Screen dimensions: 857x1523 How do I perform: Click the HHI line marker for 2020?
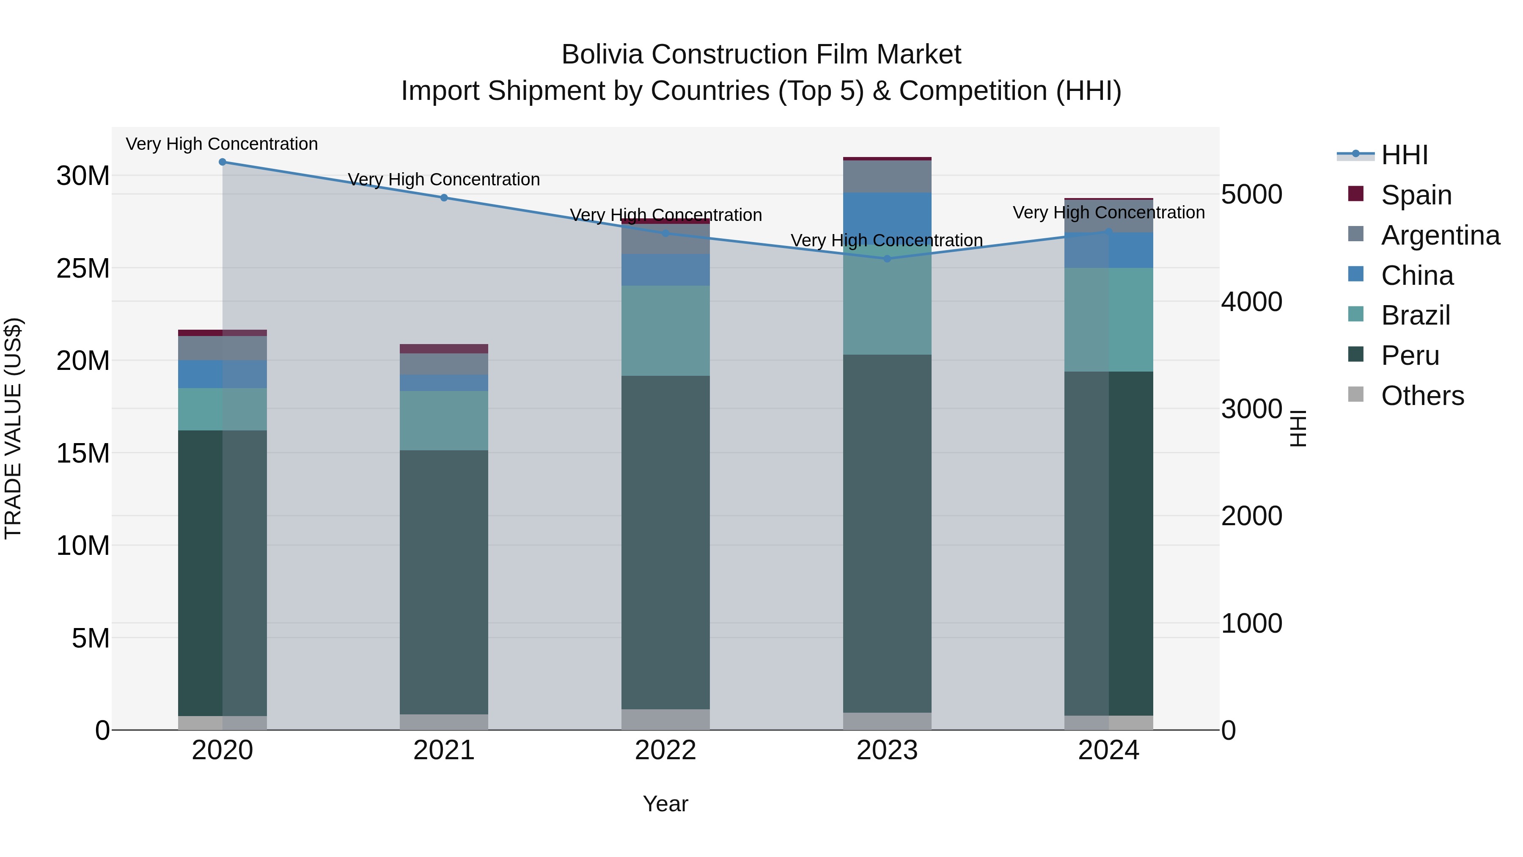(x=222, y=162)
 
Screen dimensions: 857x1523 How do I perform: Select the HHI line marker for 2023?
(x=887, y=259)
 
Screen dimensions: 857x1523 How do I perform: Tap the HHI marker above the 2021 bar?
(x=444, y=198)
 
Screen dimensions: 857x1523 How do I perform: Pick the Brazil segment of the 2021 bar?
(x=444, y=421)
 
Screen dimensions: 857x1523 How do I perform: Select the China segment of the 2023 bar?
(x=887, y=219)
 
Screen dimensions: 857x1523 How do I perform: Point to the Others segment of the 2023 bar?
(x=887, y=721)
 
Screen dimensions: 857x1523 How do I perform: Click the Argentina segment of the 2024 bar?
(x=1108, y=216)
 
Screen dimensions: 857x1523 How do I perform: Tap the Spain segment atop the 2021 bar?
(x=444, y=348)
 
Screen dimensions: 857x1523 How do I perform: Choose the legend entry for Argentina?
(x=1440, y=235)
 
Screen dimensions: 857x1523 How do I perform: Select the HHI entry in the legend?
(x=1404, y=155)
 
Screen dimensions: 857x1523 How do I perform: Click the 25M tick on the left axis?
(x=83, y=268)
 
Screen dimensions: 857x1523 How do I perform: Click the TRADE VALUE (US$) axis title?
(x=13, y=428)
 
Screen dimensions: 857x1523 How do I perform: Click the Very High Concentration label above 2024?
(x=1108, y=212)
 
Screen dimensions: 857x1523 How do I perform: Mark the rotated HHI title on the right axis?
(x=1298, y=428)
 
